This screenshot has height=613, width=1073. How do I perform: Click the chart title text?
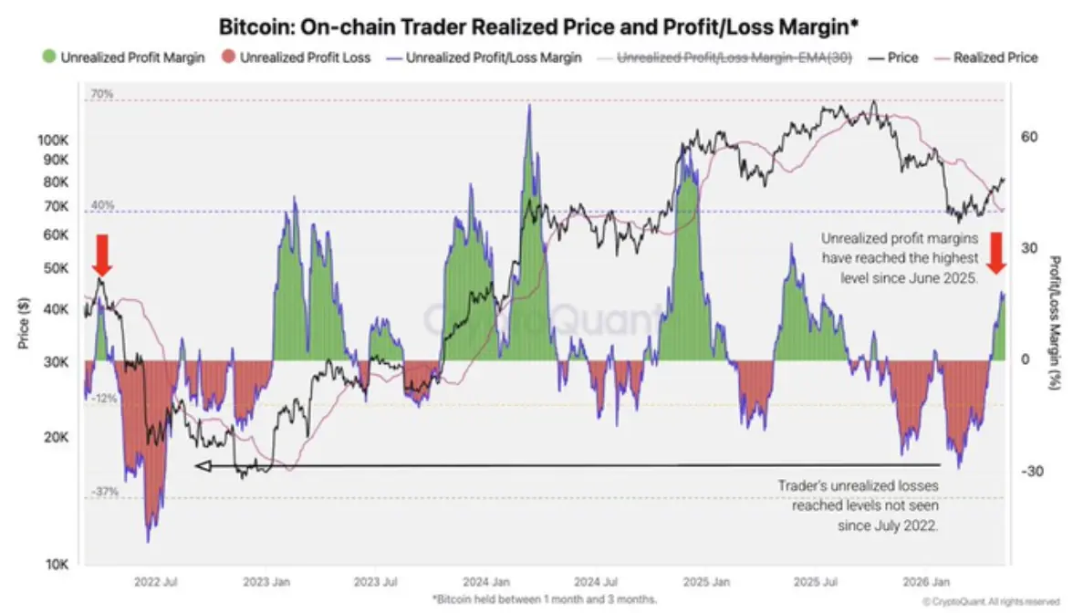[538, 26]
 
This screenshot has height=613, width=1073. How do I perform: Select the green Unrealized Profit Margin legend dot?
[48, 57]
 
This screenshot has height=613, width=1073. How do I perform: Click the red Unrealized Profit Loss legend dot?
[228, 57]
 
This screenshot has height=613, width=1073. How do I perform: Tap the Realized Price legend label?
[995, 57]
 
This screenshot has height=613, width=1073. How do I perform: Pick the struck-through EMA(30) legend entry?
[725, 57]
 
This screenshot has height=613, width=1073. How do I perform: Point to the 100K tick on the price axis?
[53, 140]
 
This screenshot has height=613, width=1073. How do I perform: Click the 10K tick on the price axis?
[57, 565]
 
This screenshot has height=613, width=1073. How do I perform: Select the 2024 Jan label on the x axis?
[485, 582]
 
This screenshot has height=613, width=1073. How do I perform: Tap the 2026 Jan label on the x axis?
[926, 582]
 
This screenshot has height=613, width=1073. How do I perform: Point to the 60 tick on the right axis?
[1029, 137]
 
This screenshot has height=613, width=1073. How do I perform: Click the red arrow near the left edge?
[101, 255]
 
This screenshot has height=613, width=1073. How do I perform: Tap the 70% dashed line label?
[102, 94]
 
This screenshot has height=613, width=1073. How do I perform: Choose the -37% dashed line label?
[104, 491]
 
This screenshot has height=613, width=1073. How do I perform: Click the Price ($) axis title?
[24, 323]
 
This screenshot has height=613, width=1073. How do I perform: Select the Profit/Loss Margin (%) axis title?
[1055, 323]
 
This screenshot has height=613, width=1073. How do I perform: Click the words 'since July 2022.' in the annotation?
[889, 525]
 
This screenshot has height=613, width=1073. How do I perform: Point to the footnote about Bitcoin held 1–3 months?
[545, 599]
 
